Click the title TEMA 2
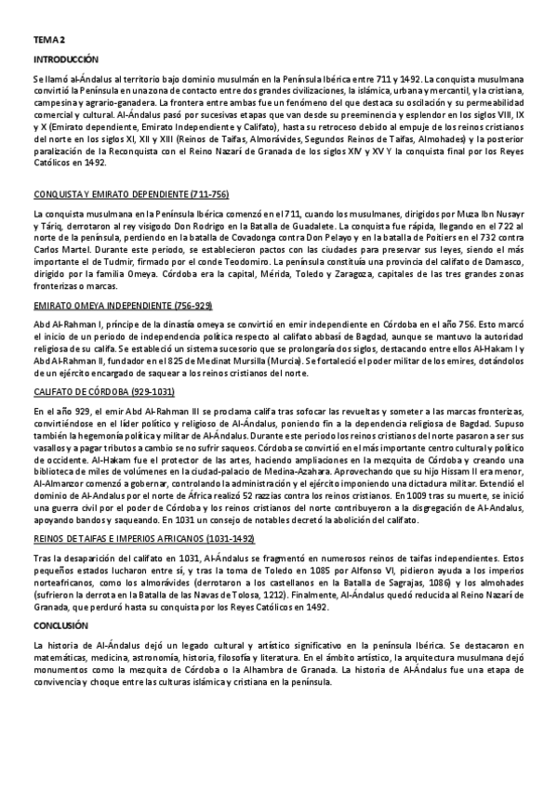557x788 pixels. coord(49,40)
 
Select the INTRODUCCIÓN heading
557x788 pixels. coord(66,59)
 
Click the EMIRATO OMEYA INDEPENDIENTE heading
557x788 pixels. coord(122,305)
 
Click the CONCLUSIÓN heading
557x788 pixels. coord(60,626)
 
